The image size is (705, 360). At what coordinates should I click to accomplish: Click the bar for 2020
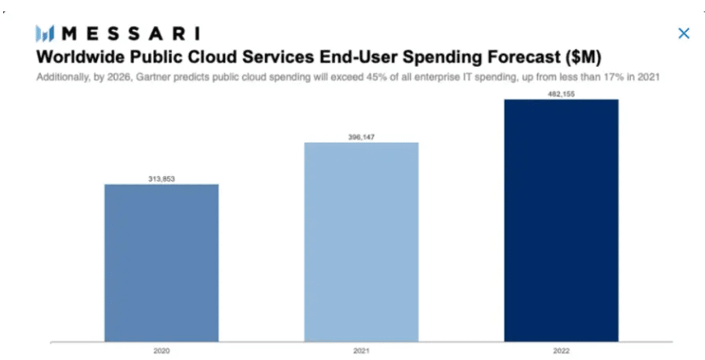161,262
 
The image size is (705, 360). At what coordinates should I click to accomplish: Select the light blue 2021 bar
361,241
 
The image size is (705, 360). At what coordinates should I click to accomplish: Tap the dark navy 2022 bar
561,220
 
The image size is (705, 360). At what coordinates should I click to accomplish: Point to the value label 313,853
161,178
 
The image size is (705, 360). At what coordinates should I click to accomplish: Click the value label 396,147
361,137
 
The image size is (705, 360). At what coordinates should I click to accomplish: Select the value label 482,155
561,94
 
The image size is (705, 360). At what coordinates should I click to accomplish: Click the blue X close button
683,33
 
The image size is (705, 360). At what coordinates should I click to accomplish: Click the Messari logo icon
46,33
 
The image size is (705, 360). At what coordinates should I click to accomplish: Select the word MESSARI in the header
130,33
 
